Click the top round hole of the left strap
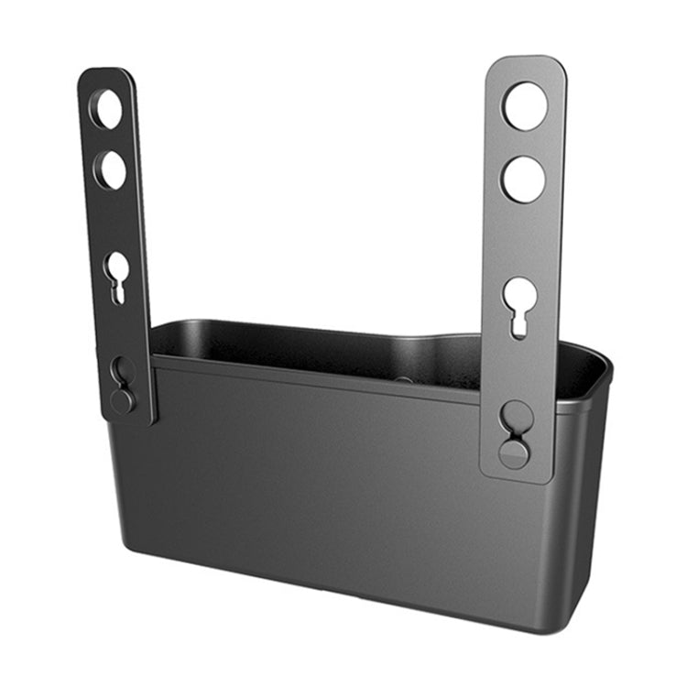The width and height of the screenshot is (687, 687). pyautogui.click(x=105, y=109)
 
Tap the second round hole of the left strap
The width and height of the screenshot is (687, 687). pyautogui.click(x=110, y=169)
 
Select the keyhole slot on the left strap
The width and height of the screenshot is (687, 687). pyautogui.click(x=116, y=272)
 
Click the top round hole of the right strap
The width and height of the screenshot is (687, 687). pyautogui.click(x=525, y=105)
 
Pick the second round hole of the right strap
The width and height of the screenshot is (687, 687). pyautogui.click(x=523, y=179)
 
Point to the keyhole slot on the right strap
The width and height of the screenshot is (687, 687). pyautogui.click(x=520, y=302)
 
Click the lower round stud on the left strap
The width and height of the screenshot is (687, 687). pyautogui.click(x=123, y=399)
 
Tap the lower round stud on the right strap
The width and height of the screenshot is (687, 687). pyautogui.click(x=515, y=453)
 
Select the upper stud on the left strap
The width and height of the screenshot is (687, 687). pyautogui.click(x=122, y=369)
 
